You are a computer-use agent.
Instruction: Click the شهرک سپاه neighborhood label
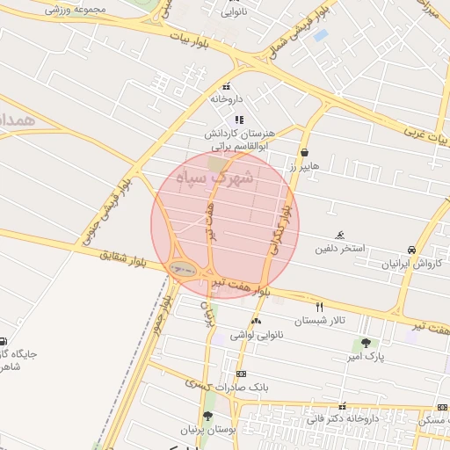(x=214, y=178)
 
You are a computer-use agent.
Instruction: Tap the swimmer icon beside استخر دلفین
(x=340, y=235)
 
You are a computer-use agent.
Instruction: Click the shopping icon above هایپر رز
(x=304, y=152)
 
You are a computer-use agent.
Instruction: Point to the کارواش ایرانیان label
(x=413, y=264)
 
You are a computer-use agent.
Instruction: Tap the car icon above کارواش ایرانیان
(x=412, y=250)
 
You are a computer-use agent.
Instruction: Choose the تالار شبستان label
(x=320, y=321)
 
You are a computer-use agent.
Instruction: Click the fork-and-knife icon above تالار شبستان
(x=319, y=307)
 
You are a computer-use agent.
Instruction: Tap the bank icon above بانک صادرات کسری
(x=241, y=374)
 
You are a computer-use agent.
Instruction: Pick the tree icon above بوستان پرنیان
(x=207, y=416)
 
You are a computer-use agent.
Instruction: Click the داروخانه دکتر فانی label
(x=343, y=419)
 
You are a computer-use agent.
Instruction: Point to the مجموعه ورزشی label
(x=75, y=10)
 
